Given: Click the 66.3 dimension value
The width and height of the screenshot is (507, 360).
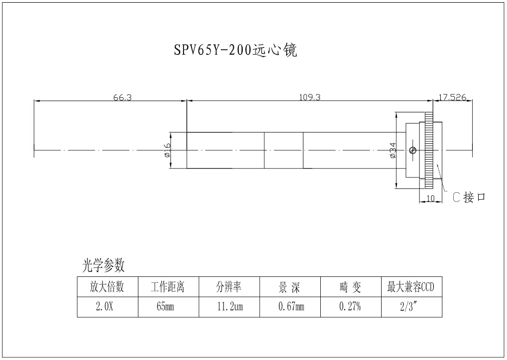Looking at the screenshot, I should click(122, 98).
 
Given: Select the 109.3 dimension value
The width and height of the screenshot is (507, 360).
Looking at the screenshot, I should click(310, 98).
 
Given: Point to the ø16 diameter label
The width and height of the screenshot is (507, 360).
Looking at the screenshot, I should click(167, 150).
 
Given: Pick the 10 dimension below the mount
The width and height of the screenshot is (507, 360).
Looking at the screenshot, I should click(431, 199).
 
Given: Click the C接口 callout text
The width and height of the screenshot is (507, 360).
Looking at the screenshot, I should click(469, 198).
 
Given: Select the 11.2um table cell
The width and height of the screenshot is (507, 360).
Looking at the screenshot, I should click(230, 307).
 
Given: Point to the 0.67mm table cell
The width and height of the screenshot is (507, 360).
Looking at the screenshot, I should click(291, 307).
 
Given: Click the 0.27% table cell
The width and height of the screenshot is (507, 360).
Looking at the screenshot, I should click(350, 307).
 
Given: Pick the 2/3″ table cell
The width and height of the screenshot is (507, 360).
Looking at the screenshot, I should click(411, 307).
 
